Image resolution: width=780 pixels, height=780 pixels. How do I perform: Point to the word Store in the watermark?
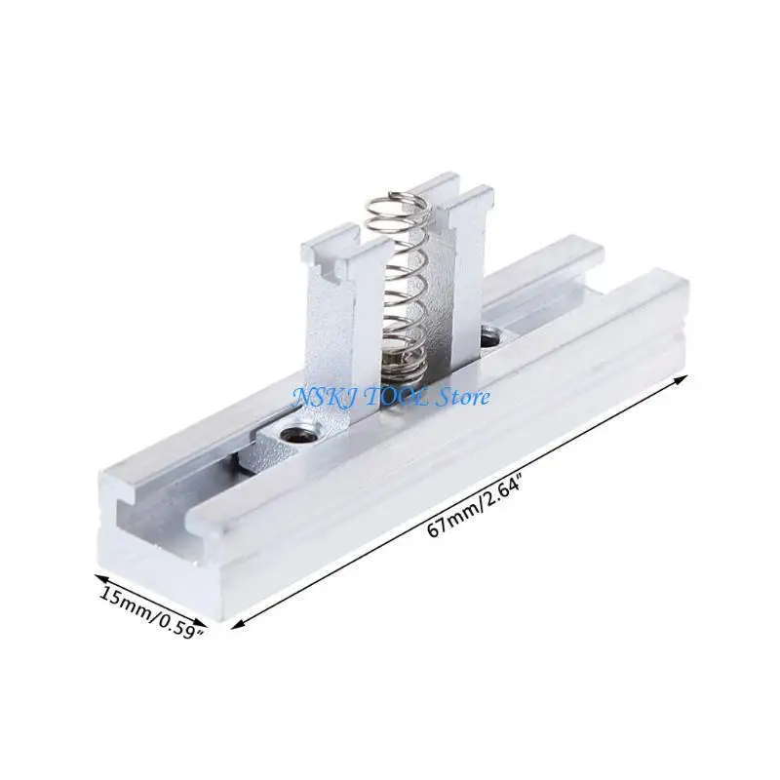point(463,396)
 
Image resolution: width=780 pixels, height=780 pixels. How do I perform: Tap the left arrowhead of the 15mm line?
point(97,575)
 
